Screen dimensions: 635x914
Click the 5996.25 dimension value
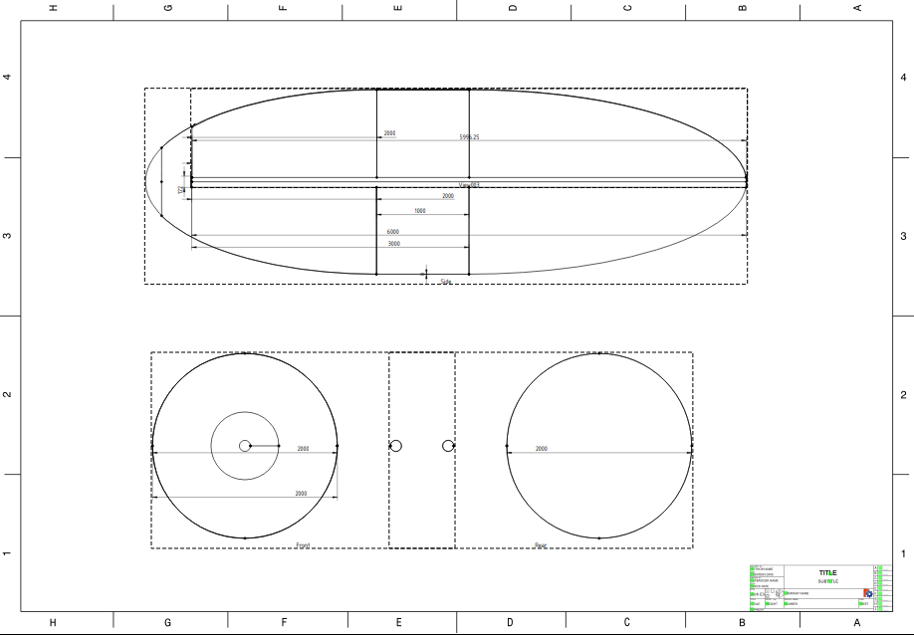[x=469, y=136]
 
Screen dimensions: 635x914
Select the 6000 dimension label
[x=393, y=232]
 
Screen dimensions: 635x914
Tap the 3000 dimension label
[x=394, y=243]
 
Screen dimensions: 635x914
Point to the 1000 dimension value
[x=420, y=211]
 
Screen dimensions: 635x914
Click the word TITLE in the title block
[x=827, y=573]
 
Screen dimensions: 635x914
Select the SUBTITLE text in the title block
[x=827, y=581]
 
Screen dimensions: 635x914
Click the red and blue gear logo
[x=867, y=593]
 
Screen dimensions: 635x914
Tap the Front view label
[x=303, y=545]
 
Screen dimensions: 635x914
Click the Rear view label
[x=540, y=545]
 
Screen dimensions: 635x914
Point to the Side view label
[x=446, y=282]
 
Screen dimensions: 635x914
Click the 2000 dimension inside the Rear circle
[x=542, y=449]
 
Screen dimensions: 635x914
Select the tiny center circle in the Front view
[x=245, y=446]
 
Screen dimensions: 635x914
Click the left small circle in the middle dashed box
[x=395, y=446]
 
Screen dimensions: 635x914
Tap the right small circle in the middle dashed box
[x=448, y=445]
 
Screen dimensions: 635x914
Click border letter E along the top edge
[x=398, y=8]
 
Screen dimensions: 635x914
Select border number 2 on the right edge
[x=903, y=395]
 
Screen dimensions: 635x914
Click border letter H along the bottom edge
[x=53, y=623]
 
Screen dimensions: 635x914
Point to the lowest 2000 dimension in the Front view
[x=301, y=494]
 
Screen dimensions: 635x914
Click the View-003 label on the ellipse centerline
[x=469, y=185]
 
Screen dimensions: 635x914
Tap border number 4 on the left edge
[x=8, y=77]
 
